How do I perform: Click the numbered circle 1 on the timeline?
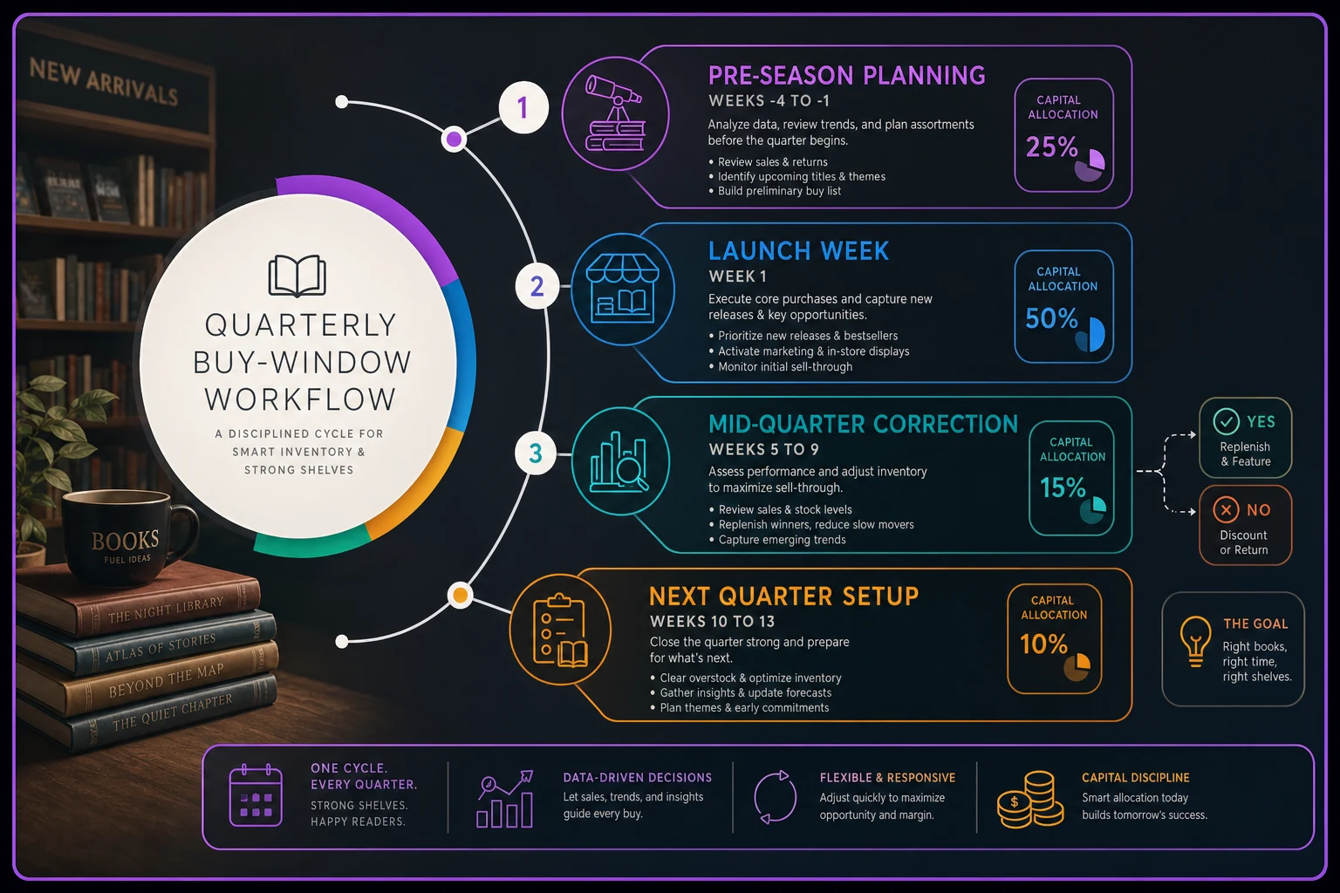523,107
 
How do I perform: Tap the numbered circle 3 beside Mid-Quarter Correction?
536,453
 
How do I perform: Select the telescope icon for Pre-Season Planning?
615,113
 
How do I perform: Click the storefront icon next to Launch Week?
622,289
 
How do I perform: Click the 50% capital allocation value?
1051,318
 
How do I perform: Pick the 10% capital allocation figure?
1043,644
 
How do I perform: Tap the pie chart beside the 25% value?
1090,165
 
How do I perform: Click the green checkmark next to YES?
1226,422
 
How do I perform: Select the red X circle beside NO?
1226,509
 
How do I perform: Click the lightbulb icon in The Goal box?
1194,641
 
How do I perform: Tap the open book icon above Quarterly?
297,276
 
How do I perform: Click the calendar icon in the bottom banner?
256,795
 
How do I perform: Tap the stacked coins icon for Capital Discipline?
1029,800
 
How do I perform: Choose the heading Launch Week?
798,251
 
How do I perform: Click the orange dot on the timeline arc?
460,595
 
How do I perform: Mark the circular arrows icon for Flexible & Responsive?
776,797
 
